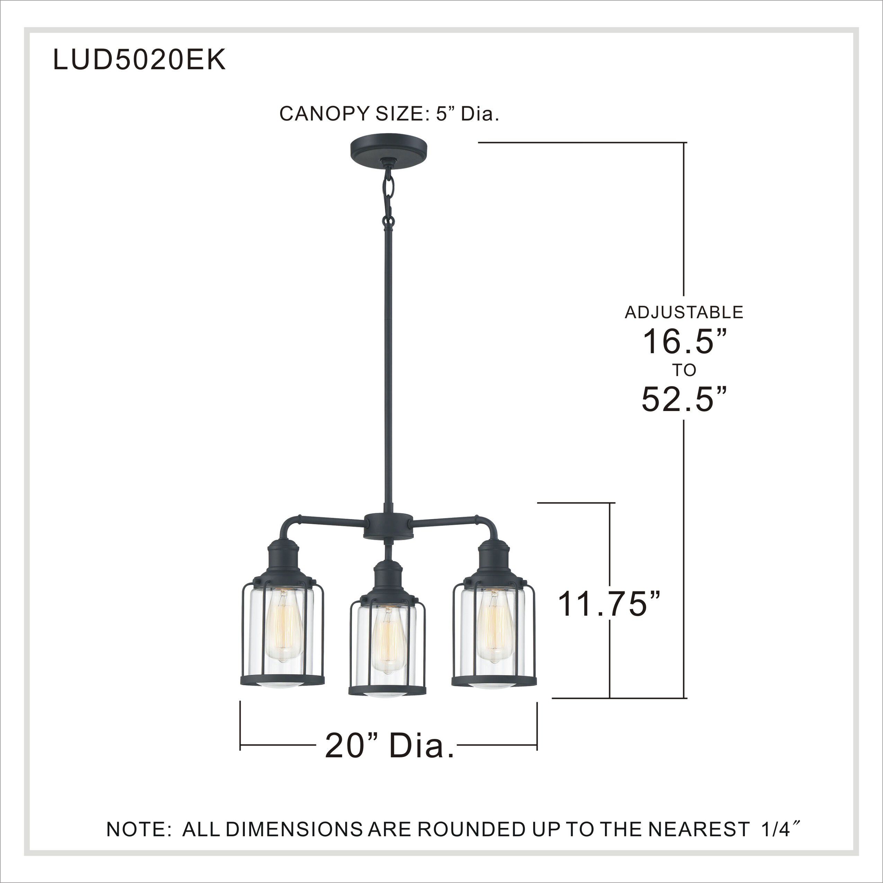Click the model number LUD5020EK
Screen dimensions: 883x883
tap(140, 60)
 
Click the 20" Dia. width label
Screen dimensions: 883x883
tap(390, 746)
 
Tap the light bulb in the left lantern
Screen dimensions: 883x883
tap(283, 625)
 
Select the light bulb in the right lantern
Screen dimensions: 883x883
tap(494, 625)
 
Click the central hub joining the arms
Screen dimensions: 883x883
tap(389, 526)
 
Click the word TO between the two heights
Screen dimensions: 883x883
tap(684, 370)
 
